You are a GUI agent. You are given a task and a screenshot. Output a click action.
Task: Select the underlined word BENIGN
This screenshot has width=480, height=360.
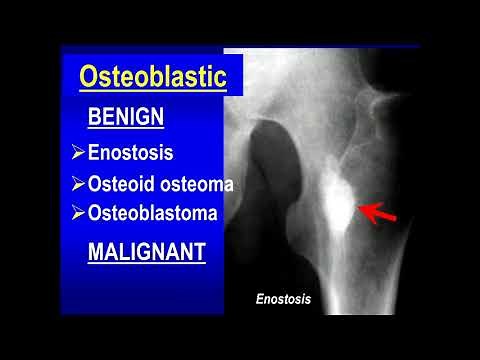pos(123,116)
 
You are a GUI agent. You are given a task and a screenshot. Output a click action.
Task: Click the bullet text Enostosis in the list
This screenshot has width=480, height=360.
pos(130,153)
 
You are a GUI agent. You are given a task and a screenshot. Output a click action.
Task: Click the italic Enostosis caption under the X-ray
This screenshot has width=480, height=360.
pos(284,298)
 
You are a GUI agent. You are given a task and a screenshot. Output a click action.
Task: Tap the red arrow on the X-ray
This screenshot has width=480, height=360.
pos(378,212)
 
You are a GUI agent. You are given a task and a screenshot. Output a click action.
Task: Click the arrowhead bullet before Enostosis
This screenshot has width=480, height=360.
pos(79,153)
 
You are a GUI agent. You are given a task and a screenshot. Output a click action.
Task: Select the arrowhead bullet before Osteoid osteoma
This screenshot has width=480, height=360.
pos(79,185)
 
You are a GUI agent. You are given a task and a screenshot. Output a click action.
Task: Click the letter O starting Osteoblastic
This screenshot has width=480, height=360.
pos(88,76)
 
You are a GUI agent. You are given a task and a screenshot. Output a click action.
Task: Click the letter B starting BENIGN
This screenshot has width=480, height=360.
pos(94,116)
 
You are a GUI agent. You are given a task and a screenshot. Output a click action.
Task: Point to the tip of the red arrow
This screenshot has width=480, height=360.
pos(362,209)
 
